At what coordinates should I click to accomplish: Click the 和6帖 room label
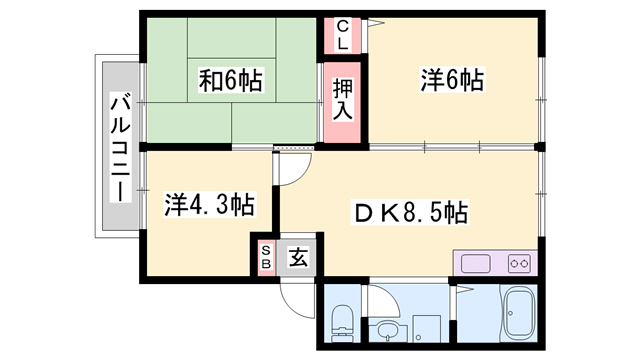tap(230, 81)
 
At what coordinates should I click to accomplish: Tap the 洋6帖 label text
tap(451, 79)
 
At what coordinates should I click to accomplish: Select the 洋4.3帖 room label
tap(208, 206)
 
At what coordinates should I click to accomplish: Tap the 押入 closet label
tap(341, 101)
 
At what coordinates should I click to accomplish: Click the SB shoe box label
tap(266, 257)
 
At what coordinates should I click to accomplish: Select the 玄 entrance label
tap(298, 257)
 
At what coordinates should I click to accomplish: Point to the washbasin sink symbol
tap(386, 328)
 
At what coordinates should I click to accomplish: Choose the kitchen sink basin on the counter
tap(475, 264)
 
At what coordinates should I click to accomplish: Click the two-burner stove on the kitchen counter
tap(518, 264)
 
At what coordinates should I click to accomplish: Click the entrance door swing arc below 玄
tap(297, 296)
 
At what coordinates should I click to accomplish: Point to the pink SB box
tap(266, 257)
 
